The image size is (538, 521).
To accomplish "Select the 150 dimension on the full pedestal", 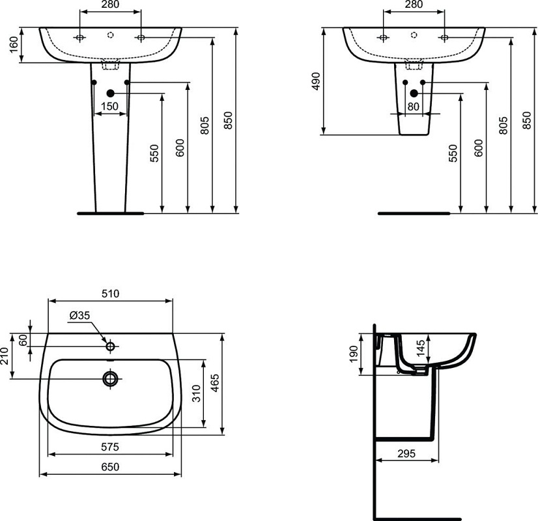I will (109, 106).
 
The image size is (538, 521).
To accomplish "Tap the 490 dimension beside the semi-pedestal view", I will (316, 81).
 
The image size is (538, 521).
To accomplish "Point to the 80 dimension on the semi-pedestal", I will (413, 106).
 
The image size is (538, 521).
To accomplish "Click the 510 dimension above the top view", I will (111, 294).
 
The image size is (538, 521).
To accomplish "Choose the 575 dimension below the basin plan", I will (111, 447).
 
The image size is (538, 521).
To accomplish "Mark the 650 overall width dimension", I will (111, 467).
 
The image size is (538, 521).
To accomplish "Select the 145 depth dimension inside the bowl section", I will (421, 347).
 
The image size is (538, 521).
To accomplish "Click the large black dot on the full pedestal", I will (110, 94).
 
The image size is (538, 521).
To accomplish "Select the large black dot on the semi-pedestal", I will (413, 94).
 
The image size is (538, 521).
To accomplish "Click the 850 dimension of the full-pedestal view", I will (228, 122).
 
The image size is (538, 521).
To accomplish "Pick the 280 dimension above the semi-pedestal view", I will (413, 5).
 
